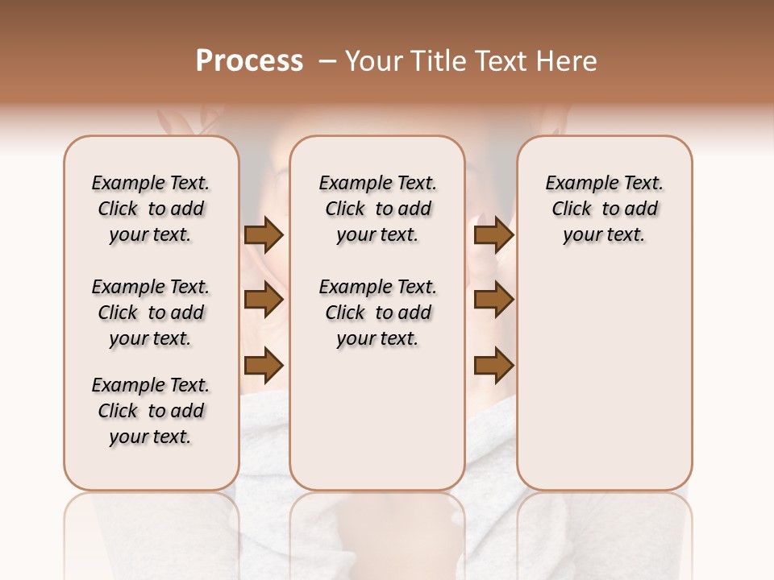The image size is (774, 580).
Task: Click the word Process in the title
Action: [x=249, y=61]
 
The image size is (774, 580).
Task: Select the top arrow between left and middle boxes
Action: [x=264, y=235]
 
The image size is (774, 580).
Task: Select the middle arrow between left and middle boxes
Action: [x=264, y=300]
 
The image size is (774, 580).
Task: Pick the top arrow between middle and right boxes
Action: [x=493, y=235]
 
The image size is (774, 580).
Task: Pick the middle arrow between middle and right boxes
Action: [x=493, y=300]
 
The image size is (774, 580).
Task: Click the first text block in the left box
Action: [x=151, y=209]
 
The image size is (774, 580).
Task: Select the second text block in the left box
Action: [x=151, y=313]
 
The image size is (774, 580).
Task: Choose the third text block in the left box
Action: [x=151, y=411]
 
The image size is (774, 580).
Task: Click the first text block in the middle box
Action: [x=377, y=209]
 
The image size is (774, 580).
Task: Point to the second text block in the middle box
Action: [x=377, y=313]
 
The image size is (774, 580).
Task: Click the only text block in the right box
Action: [x=604, y=209]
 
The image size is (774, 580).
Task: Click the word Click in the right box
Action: [x=572, y=209]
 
